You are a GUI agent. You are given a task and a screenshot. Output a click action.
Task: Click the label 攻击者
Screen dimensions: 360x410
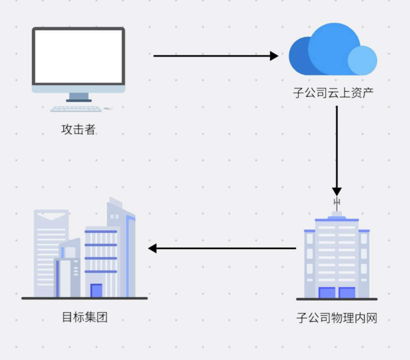tap(78, 129)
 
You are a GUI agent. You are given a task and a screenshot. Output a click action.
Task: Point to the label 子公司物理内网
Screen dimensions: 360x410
tap(337, 318)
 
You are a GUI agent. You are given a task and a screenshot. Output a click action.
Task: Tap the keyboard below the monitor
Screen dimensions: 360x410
tap(76, 109)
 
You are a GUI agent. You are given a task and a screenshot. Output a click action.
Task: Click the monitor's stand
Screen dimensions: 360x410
tap(79, 96)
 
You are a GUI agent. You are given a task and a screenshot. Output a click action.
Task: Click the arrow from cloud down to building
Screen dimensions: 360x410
tap(337, 149)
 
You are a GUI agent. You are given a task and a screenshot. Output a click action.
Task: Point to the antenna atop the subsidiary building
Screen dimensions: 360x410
tap(337, 203)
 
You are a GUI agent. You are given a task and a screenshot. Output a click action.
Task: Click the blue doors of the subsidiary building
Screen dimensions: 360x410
tap(337, 293)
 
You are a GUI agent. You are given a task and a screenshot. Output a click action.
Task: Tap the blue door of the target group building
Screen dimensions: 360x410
tap(96, 291)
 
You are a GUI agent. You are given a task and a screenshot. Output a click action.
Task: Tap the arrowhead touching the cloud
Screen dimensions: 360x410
tap(274, 55)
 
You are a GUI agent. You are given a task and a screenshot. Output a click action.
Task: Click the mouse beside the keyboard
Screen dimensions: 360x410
tap(108, 109)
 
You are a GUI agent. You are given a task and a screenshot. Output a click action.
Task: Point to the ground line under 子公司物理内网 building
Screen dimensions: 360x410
tap(337, 299)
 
